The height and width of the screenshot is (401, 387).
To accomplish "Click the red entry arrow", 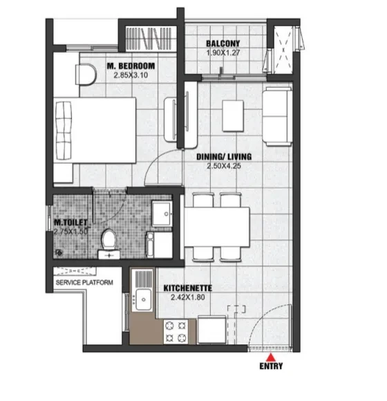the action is coord(271,357).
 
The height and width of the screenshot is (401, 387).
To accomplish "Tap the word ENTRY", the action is coord(271,366).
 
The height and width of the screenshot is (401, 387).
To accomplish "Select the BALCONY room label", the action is coord(223,44).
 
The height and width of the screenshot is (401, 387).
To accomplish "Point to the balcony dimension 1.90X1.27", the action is coord(223,53).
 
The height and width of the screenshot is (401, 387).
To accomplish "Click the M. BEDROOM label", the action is coord(131,66).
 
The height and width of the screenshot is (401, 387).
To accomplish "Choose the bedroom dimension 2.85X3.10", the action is coord(131,75).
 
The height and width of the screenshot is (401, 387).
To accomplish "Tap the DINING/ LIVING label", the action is coord(224,156).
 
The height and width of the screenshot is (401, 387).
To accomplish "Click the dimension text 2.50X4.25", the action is coord(224,166).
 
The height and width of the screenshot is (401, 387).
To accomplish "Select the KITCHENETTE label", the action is coord(188,288).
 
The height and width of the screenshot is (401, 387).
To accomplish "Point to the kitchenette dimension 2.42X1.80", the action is coord(188,297).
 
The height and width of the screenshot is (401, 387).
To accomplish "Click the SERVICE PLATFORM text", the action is coord(84,283).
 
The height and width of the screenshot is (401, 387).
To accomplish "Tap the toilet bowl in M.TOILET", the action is coord(109,243).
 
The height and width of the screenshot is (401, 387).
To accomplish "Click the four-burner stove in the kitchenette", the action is coord(176,332).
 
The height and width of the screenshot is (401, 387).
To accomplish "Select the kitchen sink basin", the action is coord(144,299).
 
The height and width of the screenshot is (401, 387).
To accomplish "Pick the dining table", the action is coord(217,227).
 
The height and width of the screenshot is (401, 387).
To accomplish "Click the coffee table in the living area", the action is coord(233,116).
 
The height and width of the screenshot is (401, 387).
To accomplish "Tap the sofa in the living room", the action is coord(277,116).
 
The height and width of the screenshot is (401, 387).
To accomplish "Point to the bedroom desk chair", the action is coord(86,74).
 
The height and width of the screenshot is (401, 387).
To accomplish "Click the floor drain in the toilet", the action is coord(59,252).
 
